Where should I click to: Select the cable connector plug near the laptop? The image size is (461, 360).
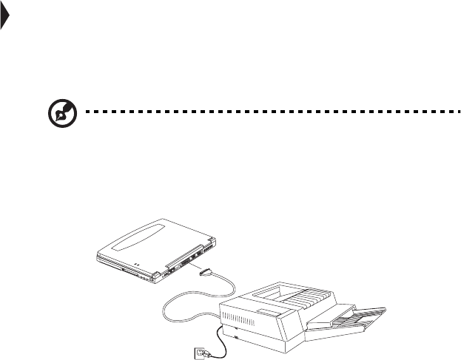coord(209,273)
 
